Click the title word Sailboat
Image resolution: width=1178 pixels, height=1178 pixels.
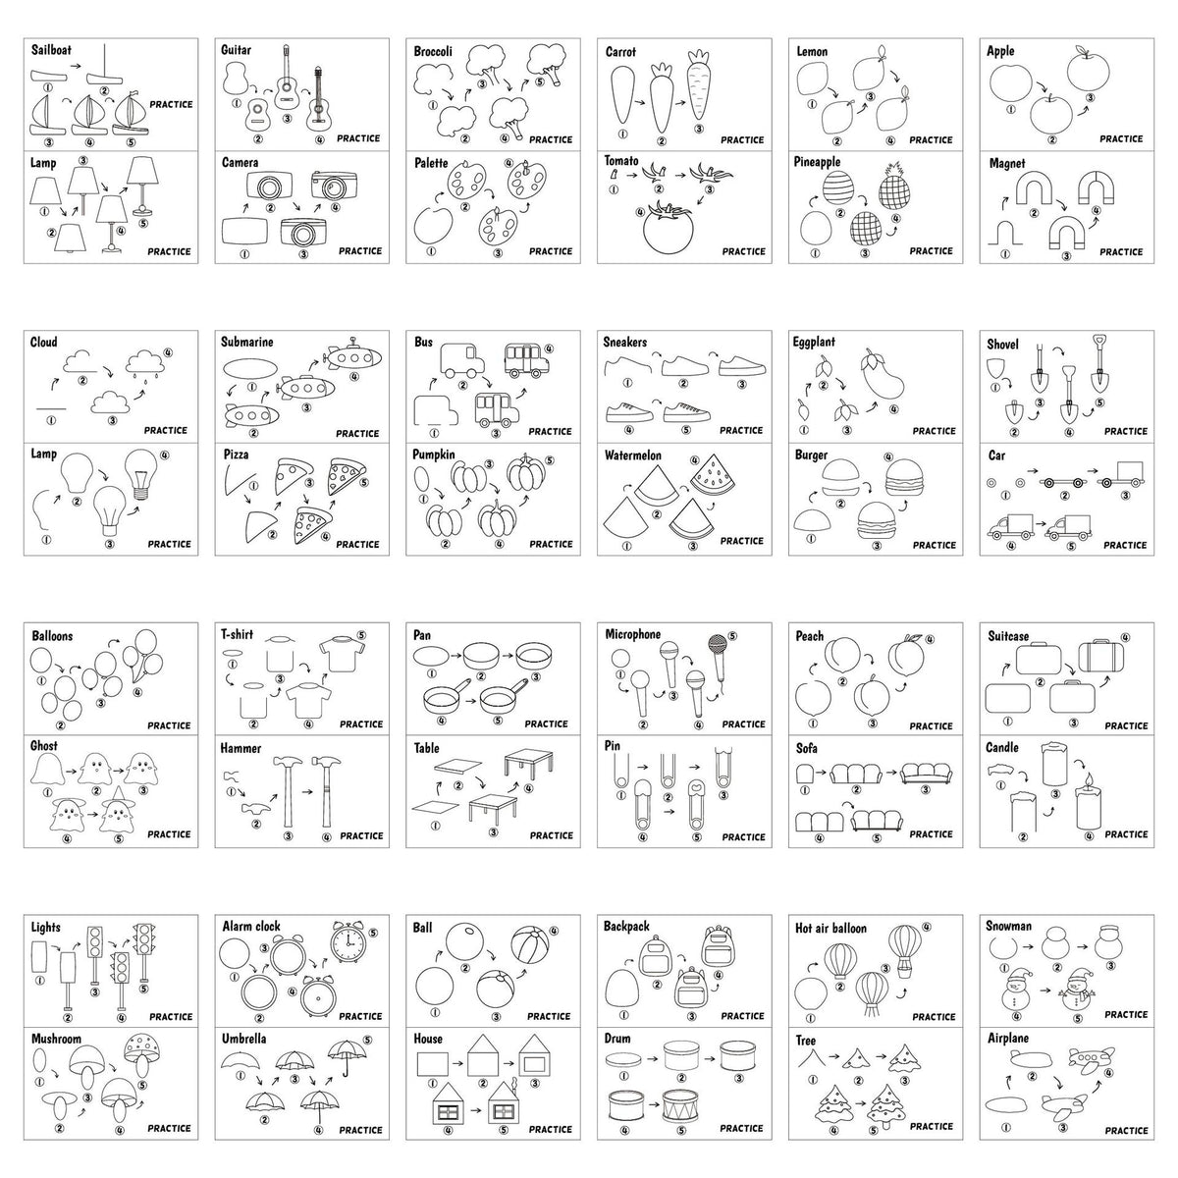51,50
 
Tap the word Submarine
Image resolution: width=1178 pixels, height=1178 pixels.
247,343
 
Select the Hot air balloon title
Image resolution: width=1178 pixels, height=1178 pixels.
830,928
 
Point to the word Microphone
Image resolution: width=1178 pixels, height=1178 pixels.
633,634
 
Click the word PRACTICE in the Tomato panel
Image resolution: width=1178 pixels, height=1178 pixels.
743,251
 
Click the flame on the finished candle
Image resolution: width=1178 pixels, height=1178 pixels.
1088,780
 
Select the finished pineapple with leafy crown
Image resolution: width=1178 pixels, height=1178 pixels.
893,186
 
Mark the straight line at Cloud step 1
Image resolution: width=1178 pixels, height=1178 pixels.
51,407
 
